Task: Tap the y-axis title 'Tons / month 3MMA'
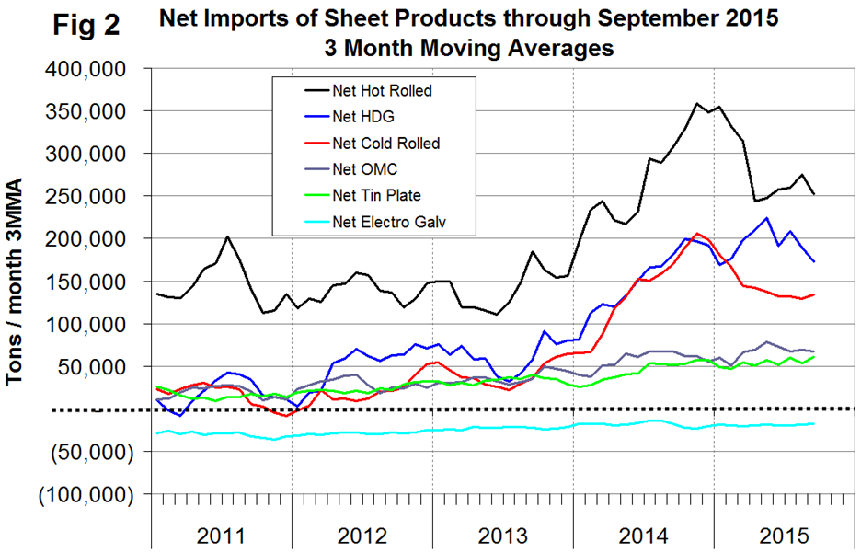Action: pyautogui.click(x=16, y=282)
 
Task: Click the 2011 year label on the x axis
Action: pyautogui.click(x=221, y=536)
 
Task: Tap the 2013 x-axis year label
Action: pyautogui.click(x=502, y=536)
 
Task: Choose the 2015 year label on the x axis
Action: pyautogui.click(x=782, y=536)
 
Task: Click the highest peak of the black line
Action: pyautogui.click(x=697, y=104)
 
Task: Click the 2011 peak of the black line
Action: pyautogui.click(x=227, y=236)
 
